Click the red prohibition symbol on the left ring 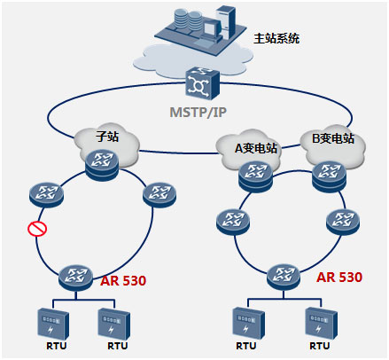click(37, 229)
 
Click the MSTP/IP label click(198, 113)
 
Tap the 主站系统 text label click(276, 38)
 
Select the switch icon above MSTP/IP click(203, 83)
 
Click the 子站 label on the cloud click(107, 137)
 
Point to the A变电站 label click(256, 148)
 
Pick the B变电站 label click(333, 138)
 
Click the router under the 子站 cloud click(102, 164)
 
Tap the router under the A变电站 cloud click(255, 176)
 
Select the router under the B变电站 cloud click(330, 176)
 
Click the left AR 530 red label click(123, 280)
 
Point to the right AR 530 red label click(339, 277)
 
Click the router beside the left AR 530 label click(75, 278)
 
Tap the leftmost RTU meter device click(53, 324)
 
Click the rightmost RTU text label click(319, 346)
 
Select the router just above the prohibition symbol click(46, 195)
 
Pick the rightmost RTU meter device click(321, 324)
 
